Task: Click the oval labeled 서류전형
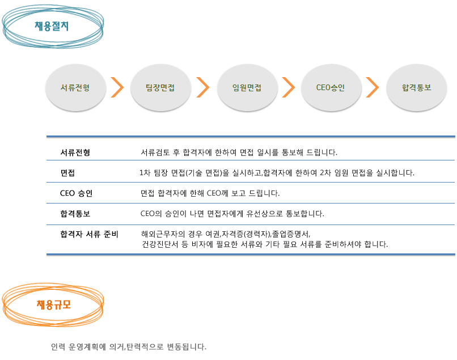coord(75,87)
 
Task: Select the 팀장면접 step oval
coord(160,87)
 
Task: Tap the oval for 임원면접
coord(247,87)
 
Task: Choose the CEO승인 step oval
coord(331,87)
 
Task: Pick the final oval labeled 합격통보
coord(417,87)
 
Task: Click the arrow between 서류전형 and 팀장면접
coord(117,87)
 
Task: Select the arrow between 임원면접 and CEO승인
coord(289,87)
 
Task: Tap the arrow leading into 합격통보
coord(373,87)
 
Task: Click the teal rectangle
coord(53,26)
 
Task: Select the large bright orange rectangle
coord(53,304)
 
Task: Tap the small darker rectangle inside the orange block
coord(54,305)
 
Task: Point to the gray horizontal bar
coord(129,347)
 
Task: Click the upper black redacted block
coord(237,173)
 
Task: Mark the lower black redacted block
coord(224,229)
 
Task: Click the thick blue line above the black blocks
coord(250,137)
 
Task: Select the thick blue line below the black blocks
coord(250,255)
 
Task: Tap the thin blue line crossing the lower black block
coord(422,225)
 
